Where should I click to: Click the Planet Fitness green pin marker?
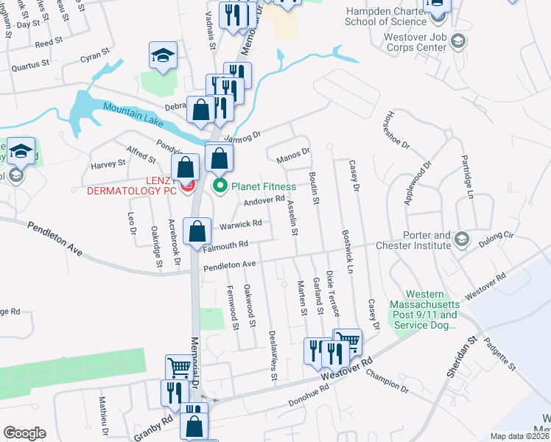pyautogui.click(x=220, y=186)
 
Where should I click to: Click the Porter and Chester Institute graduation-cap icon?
pyautogui.click(x=461, y=238)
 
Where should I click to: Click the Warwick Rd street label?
pyautogui.click(x=239, y=224)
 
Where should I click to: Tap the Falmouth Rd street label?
pyautogui.click(x=227, y=247)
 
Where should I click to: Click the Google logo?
pyautogui.click(x=24, y=432)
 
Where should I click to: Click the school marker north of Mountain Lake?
pyautogui.click(x=164, y=55)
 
